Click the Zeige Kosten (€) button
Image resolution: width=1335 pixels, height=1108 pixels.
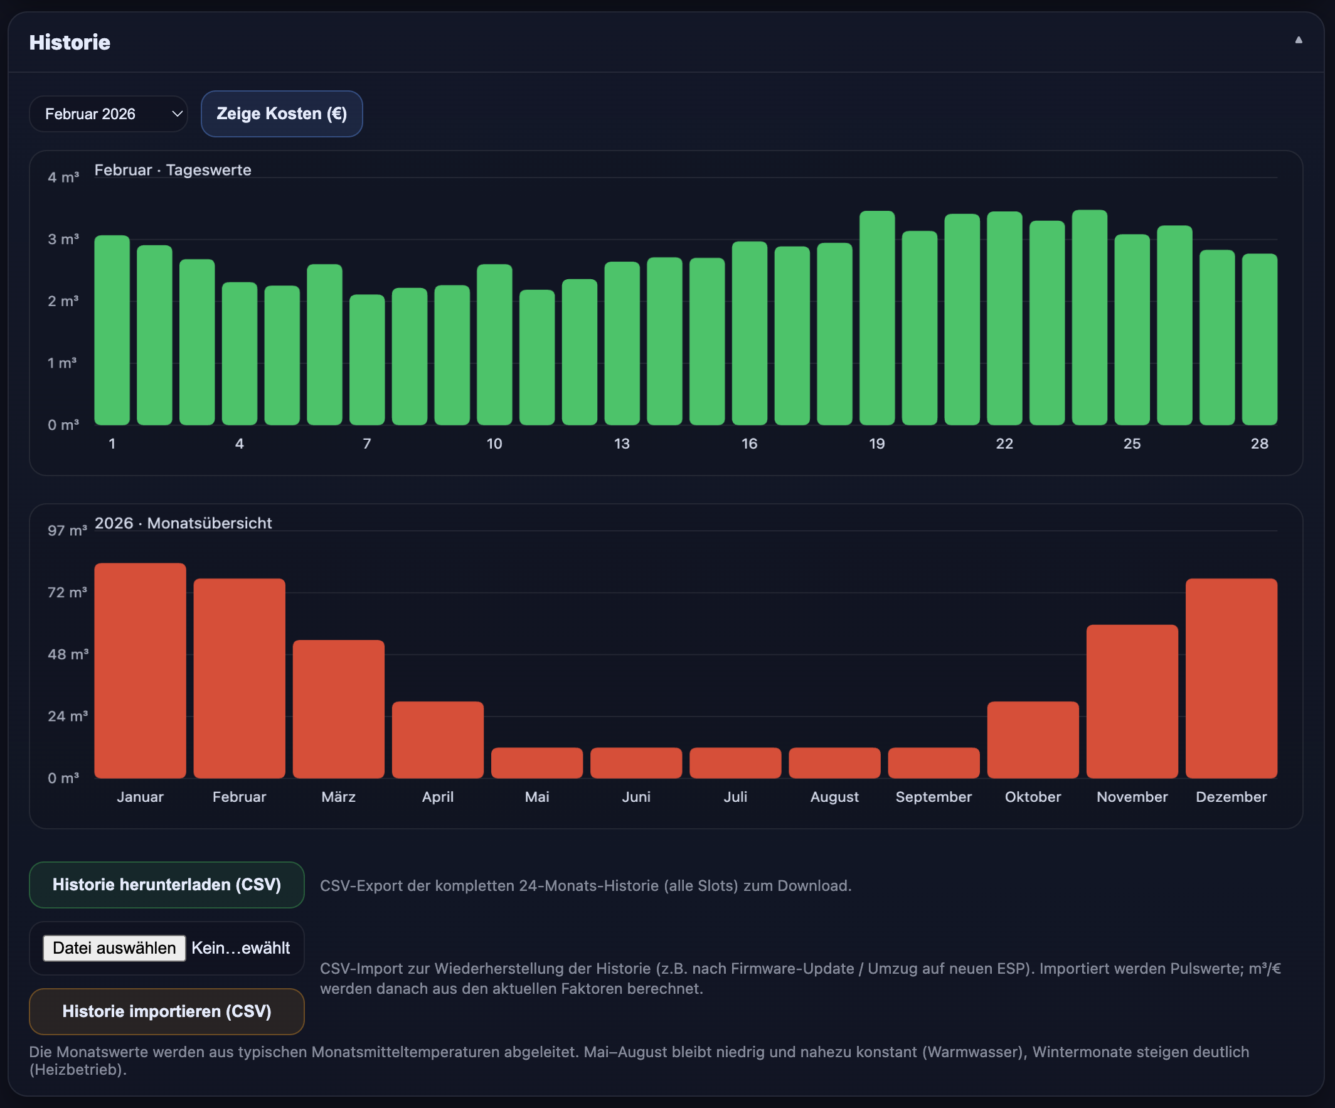tap(282, 114)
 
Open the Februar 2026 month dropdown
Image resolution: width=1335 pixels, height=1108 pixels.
tap(108, 114)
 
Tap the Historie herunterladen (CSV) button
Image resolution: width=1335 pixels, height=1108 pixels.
tap(166, 884)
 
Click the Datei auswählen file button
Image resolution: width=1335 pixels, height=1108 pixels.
tap(114, 948)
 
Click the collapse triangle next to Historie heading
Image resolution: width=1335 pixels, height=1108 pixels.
tap(1298, 40)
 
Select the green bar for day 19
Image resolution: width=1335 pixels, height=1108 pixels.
tap(876, 318)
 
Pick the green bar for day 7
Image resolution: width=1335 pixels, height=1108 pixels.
tap(367, 359)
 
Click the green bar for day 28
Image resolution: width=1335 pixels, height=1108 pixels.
tap(1259, 339)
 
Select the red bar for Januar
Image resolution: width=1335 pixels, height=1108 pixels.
tap(140, 670)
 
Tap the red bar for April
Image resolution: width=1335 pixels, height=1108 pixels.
tap(437, 739)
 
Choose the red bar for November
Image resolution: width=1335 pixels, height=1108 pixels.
tap(1132, 701)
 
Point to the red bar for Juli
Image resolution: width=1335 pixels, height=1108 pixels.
tap(735, 762)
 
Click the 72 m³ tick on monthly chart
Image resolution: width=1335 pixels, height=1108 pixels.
tap(66, 592)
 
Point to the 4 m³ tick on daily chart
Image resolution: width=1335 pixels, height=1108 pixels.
tap(63, 178)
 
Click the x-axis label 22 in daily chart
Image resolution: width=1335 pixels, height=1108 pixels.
tap(1004, 444)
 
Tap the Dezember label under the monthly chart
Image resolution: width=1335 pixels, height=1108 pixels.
tap(1231, 797)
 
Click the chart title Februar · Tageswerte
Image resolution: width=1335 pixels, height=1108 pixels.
tap(173, 170)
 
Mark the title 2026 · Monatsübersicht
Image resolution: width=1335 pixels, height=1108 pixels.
tap(183, 523)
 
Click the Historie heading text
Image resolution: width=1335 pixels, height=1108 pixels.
tap(70, 42)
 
